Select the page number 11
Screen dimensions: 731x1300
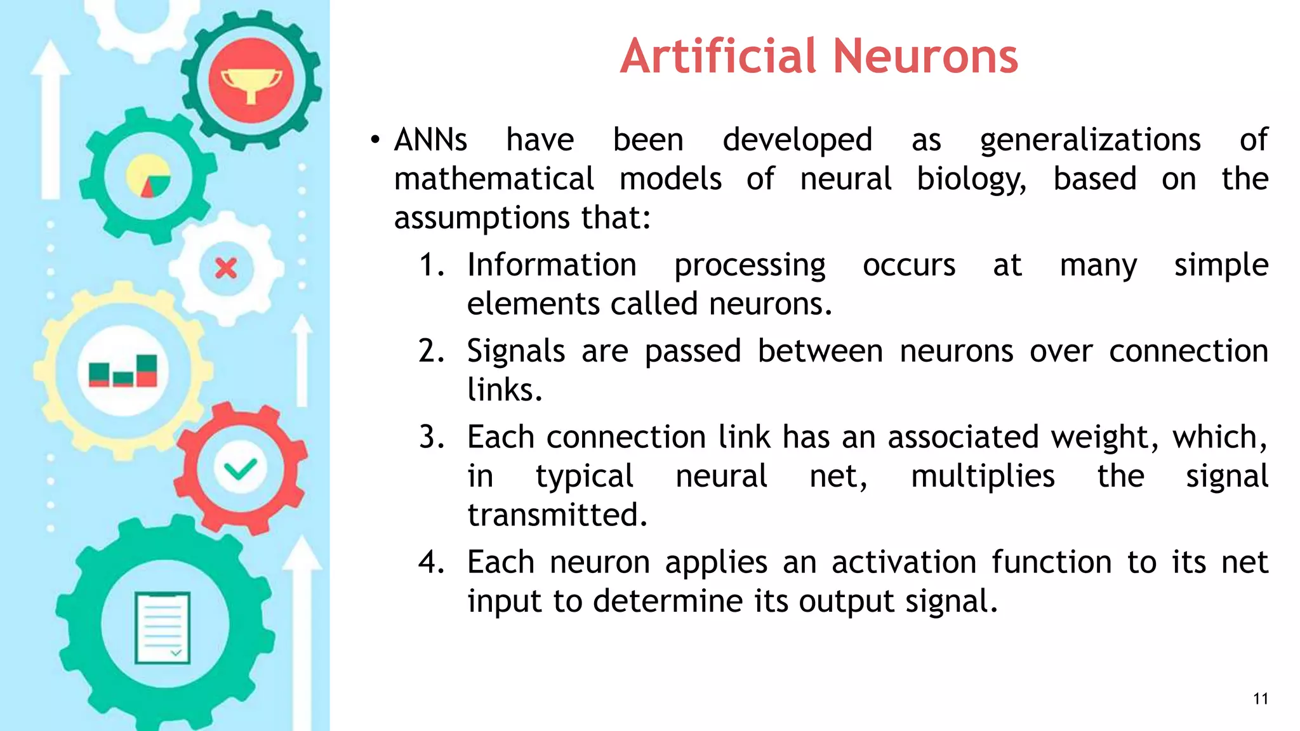click(x=1260, y=699)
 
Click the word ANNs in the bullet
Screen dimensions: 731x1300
click(x=430, y=140)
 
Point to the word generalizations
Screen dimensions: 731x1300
click(x=1090, y=140)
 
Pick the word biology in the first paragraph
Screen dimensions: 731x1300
click(x=971, y=180)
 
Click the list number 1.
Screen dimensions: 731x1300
click(x=431, y=265)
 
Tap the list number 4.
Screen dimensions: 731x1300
click(x=431, y=562)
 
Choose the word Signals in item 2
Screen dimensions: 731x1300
click(x=515, y=352)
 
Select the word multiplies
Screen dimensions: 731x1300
click(x=983, y=477)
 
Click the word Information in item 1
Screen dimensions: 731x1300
click(x=552, y=265)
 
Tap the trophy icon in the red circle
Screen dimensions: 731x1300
click(x=251, y=81)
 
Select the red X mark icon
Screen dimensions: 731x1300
click(x=226, y=268)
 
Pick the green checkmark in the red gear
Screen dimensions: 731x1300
click(x=240, y=469)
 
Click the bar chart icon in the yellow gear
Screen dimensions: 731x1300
click(x=123, y=371)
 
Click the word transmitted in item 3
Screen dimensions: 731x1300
click(x=557, y=515)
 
